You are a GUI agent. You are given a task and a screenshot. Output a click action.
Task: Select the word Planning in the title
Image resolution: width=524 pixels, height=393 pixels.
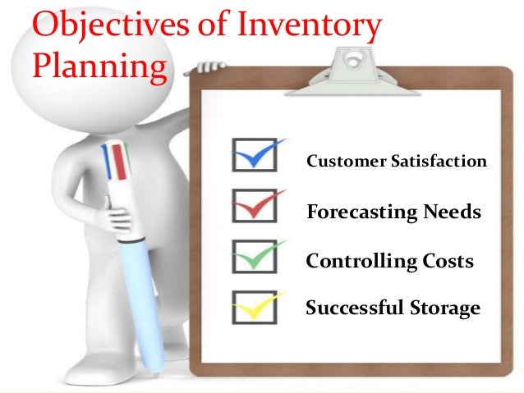point(98,66)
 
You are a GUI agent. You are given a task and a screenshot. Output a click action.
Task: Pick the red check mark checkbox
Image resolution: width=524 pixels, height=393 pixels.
point(250,206)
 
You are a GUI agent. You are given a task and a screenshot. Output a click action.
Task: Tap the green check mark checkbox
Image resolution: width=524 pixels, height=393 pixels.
point(250,256)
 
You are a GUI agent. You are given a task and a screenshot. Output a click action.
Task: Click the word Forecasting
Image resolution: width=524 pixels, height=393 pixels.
point(361,213)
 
